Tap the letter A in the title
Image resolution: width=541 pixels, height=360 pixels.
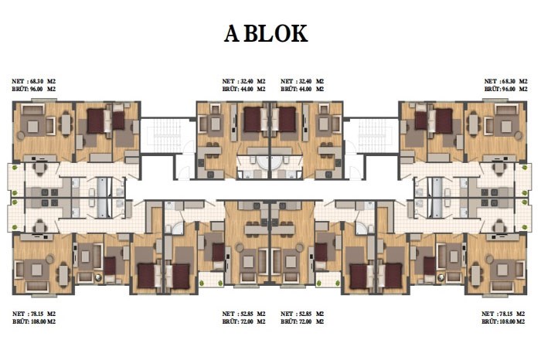pyautogui.click(x=232, y=34)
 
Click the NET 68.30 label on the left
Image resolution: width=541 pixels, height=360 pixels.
pyautogui.click(x=33, y=81)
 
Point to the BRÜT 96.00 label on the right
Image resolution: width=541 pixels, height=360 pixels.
pyautogui.click(x=505, y=89)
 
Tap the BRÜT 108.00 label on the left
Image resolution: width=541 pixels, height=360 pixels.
pyautogui.click(x=34, y=321)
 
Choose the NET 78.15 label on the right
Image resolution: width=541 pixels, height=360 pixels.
pyautogui.click(x=503, y=314)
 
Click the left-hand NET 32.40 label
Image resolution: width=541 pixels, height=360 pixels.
pyautogui.click(x=243, y=81)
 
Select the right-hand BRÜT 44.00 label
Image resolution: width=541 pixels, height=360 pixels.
pyautogui.click(x=302, y=89)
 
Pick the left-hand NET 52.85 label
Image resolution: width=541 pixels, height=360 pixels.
pyautogui.click(x=243, y=314)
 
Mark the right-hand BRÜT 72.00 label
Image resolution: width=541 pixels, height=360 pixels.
pyautogui.click(x=302, y=321)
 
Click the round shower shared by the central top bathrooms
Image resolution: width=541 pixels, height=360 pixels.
pyautogui.click(x=270, y=162)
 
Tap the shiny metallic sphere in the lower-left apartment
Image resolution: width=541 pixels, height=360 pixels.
pyautogui.click(x=98, y=277)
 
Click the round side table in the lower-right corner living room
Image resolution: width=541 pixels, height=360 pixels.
pyautogui.click(x=489, y=259)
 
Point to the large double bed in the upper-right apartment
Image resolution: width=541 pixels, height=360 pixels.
pyautogui.click(x=444, y=121)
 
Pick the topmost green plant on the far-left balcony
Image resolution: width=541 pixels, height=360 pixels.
pyautogui.click(x=15, y=168)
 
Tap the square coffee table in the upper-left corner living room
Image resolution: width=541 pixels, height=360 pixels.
pyautogui.click(x=32, y=127)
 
